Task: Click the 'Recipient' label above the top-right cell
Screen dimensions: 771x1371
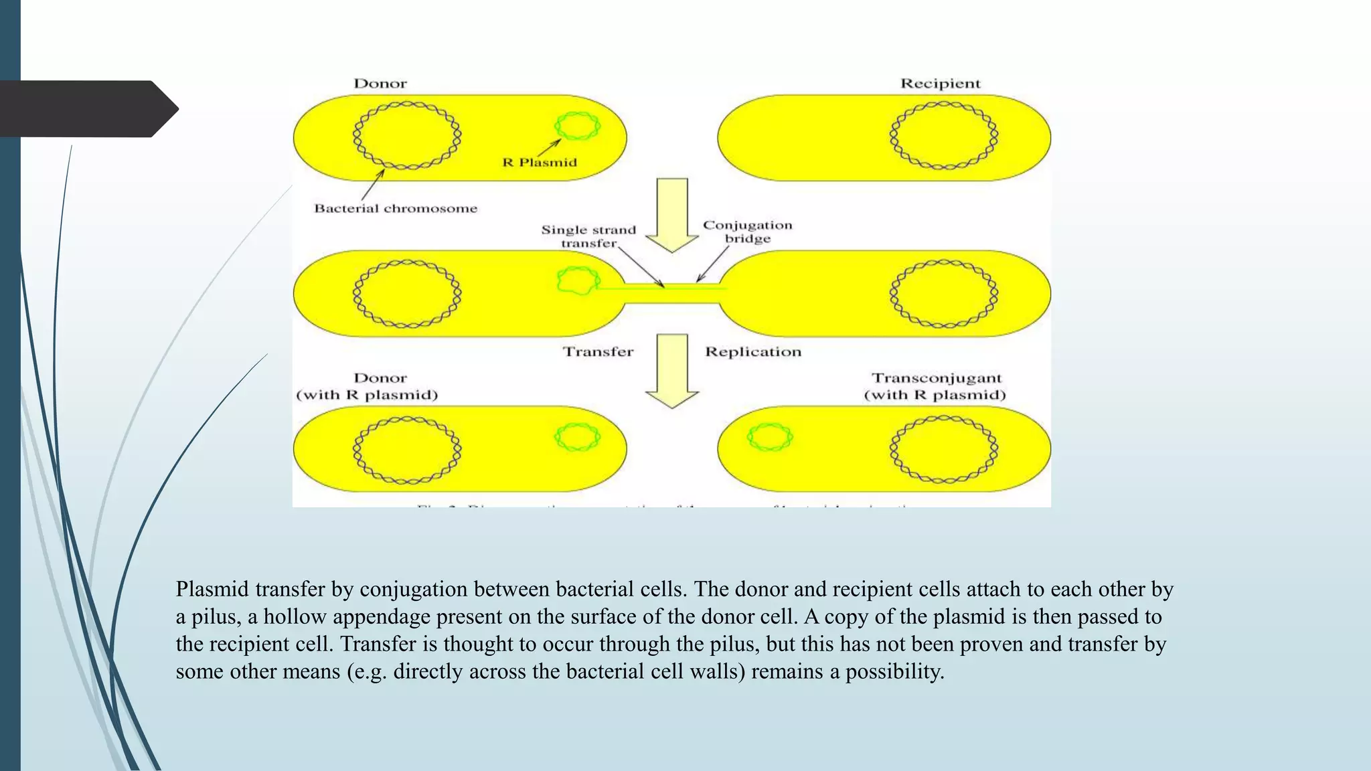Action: click(x=940, y=84)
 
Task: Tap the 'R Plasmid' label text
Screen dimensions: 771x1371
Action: click(x=540, y=163)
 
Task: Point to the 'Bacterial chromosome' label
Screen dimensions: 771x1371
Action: click(x=396, y=209)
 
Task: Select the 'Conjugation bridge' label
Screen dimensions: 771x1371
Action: click(x=747, y=232)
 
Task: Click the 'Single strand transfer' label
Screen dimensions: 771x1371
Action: click(x=588, y=236)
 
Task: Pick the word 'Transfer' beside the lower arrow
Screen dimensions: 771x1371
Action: click(x=598, y=352)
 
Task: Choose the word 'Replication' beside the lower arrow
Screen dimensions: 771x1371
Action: click(x=753, y=352)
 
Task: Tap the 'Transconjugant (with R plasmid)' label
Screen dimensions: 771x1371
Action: click(x=935, y=387)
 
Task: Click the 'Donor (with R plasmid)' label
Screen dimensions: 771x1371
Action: click(x=367, y=387)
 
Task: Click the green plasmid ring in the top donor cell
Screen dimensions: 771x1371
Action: click(x=577, y=126)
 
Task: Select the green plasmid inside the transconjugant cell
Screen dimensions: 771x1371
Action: click(x=770, y=437)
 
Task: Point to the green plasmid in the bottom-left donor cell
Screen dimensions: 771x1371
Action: click(x=577, y=437)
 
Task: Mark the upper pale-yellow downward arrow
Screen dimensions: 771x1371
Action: click(x=672, y=214)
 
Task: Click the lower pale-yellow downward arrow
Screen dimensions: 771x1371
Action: click(x=672, y=370)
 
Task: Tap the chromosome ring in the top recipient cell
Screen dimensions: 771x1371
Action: click(x=944, y=135)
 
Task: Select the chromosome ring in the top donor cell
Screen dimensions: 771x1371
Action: click(x=407, y=135)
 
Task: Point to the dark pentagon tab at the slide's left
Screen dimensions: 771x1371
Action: click(x=87, y=109)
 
